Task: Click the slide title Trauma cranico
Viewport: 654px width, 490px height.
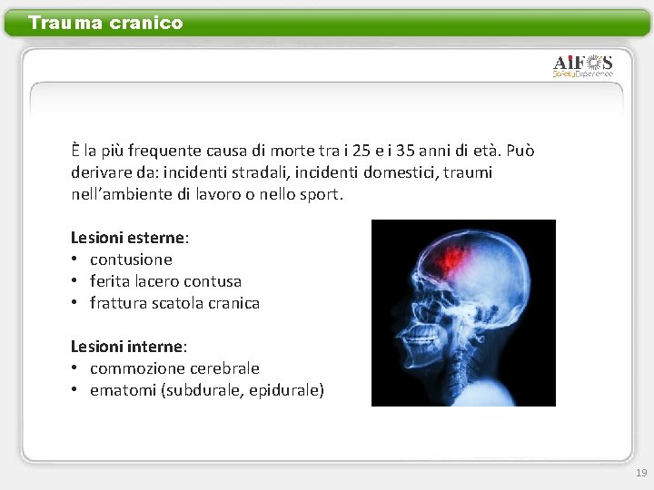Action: point(105,23)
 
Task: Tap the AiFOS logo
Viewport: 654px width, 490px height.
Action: point(583,65)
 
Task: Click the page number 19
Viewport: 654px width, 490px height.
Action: point(641,473)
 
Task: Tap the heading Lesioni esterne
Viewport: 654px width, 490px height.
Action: point(129,238)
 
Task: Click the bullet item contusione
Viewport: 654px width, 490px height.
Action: point(131,260)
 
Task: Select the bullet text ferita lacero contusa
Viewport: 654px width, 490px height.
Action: point(165,281)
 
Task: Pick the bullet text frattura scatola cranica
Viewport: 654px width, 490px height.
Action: point(174,303)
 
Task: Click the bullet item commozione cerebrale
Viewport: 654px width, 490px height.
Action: point(174,368)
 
